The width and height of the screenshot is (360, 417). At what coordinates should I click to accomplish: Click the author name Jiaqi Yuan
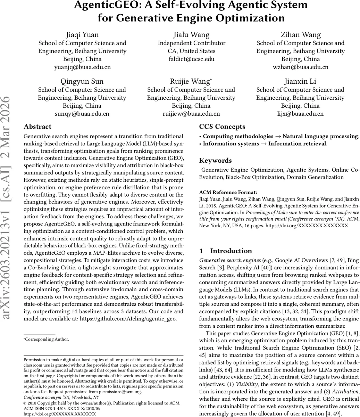(82, 35)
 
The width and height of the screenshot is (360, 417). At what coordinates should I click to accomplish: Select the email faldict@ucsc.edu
(191, 59)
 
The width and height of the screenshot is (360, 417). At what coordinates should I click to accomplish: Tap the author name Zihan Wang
(301, 35)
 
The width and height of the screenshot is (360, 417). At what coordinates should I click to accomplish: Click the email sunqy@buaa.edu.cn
(82, 114)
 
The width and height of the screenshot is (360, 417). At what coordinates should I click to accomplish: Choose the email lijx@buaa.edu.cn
(301, 114)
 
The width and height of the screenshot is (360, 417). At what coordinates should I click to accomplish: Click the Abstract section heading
(37, 126)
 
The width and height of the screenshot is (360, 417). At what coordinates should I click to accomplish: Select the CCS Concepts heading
(222, 126)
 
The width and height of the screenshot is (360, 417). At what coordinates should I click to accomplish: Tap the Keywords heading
(215, 160)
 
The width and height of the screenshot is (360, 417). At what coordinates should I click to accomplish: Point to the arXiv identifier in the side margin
(8, 208)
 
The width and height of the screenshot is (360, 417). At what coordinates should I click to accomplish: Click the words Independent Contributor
(192, 43)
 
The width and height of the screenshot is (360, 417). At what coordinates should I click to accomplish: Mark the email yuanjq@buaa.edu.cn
(82, 67)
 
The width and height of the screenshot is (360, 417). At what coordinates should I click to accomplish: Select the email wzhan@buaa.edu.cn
(301, 67)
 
